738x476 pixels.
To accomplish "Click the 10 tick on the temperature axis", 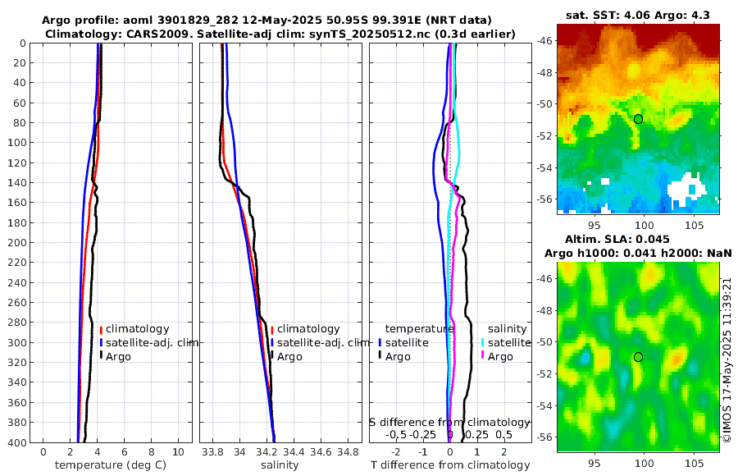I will tap(178, 452).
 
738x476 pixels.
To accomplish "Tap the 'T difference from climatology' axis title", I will tap(449, 465).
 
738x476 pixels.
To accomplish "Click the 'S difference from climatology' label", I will tap(449, 421).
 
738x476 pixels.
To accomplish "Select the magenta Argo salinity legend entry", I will tap(496, 356).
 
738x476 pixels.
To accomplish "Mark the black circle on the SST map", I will tap(638, 119).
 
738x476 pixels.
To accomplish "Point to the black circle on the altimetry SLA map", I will tap(638, 357).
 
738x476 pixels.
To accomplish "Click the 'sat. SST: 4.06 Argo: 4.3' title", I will tap(638, 14).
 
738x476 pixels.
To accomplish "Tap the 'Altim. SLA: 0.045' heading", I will tap(638, 238).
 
